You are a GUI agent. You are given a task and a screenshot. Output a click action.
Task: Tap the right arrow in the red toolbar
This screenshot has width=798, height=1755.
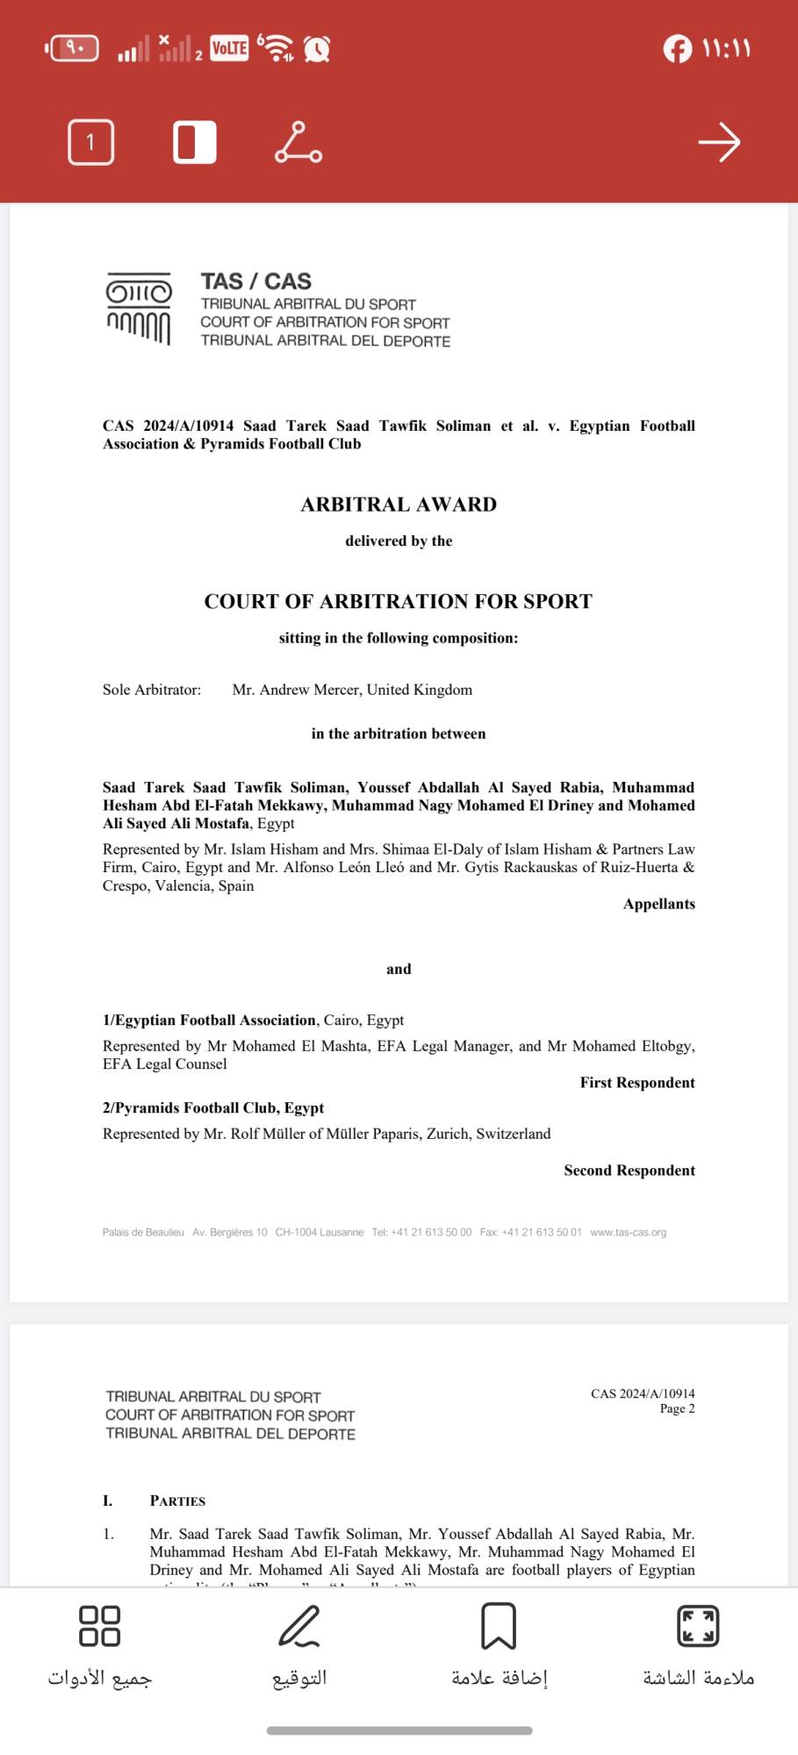click(719, 142)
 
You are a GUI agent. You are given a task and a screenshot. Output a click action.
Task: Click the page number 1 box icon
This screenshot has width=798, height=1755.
click(90, 142)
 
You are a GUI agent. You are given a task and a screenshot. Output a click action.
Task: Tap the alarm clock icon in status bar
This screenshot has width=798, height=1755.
click(317, 49)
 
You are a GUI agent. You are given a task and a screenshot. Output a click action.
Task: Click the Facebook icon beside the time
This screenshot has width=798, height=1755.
click(677, 48)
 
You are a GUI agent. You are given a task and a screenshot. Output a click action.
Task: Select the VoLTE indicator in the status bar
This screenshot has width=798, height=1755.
click(229, 48)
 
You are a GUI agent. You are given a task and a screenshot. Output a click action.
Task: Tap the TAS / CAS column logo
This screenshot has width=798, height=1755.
click(139, 308)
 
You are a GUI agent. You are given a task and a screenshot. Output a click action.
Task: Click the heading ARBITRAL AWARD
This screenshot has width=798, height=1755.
click(399, 505)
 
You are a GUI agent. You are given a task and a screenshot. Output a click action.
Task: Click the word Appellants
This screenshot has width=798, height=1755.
click(658, 904)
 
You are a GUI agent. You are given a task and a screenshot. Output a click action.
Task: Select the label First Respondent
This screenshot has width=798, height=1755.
click(636, 1083)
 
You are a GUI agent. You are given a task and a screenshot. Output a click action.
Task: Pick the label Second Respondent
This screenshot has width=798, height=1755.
click(629, 1171)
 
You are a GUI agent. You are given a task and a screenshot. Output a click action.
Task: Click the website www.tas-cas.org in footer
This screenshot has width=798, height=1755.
click(628, 1232)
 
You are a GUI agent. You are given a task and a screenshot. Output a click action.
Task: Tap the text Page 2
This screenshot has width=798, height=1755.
click(677, 1408)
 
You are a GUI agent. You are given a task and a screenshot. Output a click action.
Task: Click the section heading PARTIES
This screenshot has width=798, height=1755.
click(177, 1501)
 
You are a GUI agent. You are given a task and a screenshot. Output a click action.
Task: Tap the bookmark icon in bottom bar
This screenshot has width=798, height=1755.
click(498, 1625)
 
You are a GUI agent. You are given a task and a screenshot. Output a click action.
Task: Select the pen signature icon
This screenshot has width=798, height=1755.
click(298, 1625)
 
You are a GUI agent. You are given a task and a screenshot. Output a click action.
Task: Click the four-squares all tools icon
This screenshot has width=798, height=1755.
click(99, 1625)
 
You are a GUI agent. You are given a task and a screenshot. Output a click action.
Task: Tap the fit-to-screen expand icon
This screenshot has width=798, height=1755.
click(698, 1625)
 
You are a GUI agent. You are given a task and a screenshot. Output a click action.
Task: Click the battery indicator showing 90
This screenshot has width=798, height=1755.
click(73, 48)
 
